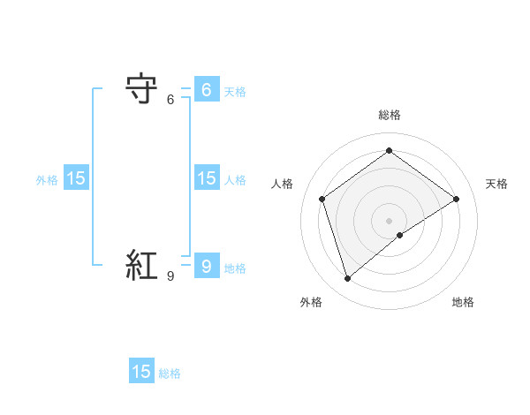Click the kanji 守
tap(142, 90)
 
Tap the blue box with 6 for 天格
tap(206, 90)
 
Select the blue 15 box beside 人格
tap(206, 178)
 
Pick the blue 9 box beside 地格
tap(206, 267)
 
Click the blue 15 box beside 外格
tap(76, 178)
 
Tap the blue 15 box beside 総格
tap(141, 372)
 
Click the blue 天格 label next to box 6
tap(235, 92)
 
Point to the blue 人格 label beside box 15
tap(235, 180)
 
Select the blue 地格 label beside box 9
tap(235, 268)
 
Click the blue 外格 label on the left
tap(47, 180)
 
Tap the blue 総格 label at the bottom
tap(170, 373)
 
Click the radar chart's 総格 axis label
tap(390, 115)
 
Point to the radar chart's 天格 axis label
tap(496, 184)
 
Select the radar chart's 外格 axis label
tap(311, 302)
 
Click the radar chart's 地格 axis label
tap(463, 302)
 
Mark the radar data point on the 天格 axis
tap(456, 199)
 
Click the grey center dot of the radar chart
tap(390, 220)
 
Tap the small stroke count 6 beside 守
tap(170, 100)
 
